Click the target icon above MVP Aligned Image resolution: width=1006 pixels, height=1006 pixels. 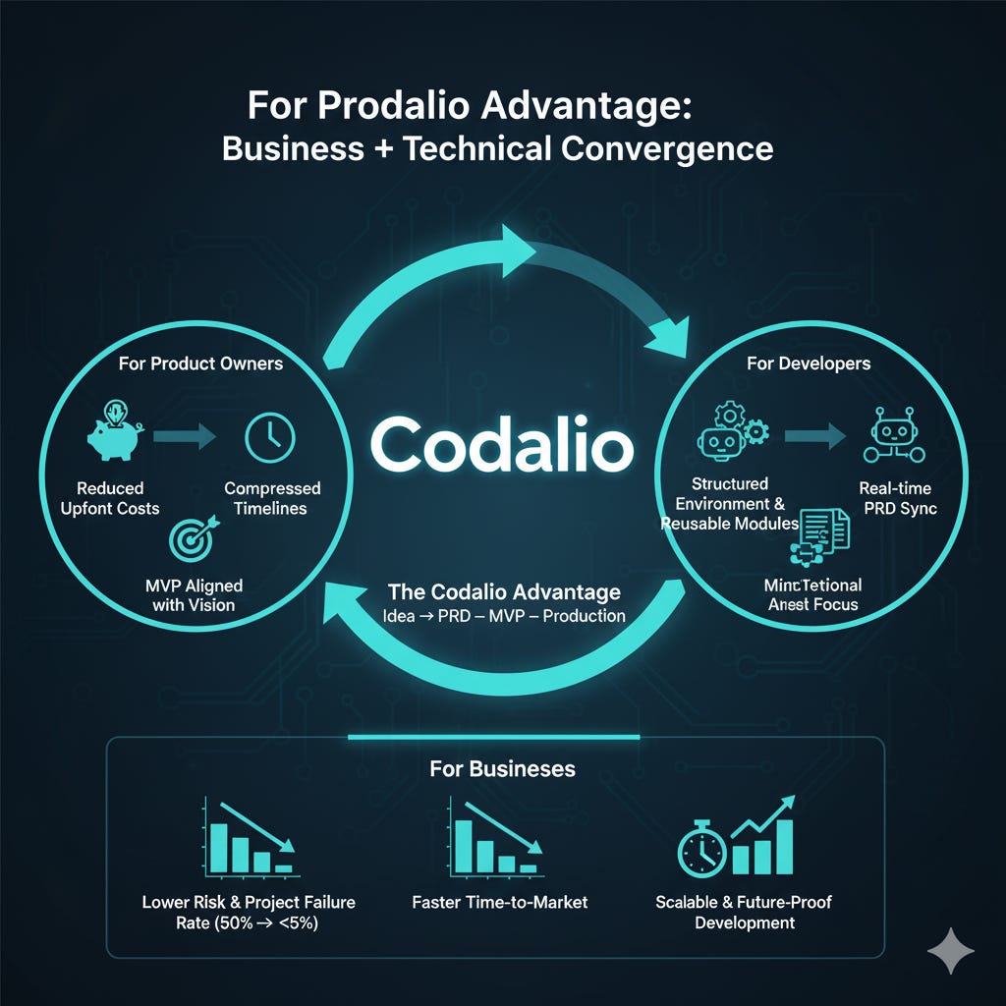190,538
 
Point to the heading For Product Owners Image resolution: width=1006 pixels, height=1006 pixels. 199,363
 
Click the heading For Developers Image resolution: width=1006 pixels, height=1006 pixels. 808,363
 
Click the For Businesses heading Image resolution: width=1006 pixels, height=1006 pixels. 502,767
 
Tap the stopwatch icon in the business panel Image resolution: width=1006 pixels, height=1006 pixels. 702,848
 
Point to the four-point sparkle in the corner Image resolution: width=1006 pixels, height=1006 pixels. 950,952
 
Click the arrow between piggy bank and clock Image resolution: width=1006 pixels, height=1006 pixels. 187,435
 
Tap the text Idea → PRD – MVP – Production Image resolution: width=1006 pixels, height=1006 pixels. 504,616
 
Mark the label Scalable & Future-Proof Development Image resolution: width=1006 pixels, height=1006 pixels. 744,912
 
